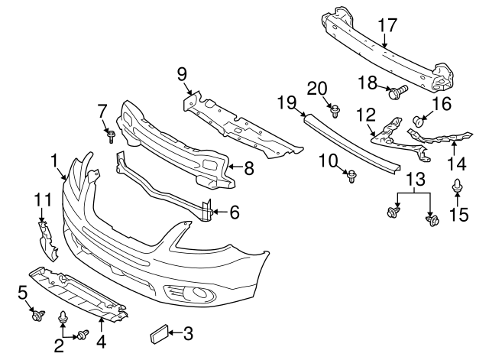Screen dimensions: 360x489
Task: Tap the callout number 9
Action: pos(182,74)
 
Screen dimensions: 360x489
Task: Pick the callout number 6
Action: pos(234,212)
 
